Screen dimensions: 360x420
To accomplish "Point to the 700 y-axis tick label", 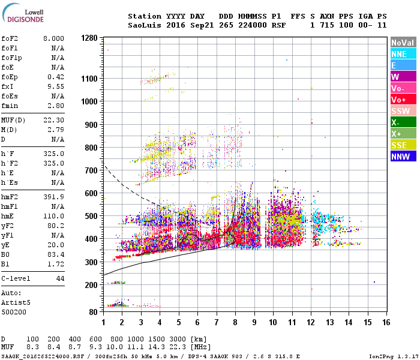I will (91, 170).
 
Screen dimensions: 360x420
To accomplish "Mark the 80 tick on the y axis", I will (94, 312).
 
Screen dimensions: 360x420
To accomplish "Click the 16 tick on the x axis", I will (386, 322).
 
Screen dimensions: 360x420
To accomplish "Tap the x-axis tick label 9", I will (254, 322).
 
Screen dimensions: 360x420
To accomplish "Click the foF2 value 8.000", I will (53, 38).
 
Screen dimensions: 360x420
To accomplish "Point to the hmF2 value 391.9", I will (55, 196).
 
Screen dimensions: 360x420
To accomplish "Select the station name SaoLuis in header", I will (140, 26).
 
